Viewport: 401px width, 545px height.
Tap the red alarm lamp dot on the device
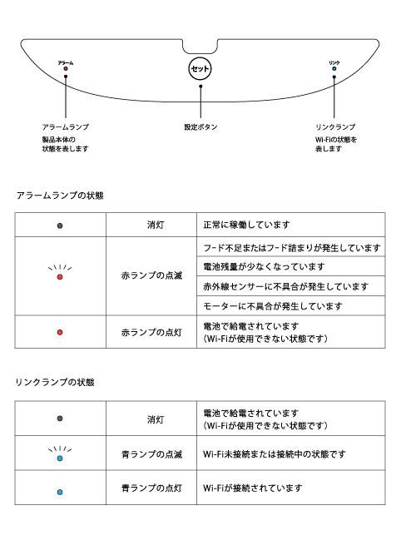(x=65, y=69)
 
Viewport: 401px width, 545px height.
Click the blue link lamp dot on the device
(x=334, y=69)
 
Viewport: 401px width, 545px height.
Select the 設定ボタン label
(x=200, y=127)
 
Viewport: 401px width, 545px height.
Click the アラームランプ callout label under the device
(x=65, y=126)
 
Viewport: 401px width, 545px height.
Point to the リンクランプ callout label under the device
(x=336, y=126)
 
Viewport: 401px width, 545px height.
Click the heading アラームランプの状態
(x=59, y=196)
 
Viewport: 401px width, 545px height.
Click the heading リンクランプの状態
(x=55, y=383)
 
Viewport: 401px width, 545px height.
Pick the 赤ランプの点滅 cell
(x=151, y=276)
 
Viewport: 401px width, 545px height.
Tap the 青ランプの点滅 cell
(x=151, y=454)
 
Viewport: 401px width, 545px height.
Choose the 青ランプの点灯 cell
(x=151, y=488)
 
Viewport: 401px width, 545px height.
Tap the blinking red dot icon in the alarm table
(x=60, y=277)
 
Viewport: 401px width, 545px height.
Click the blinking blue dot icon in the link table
(x=60, y=458)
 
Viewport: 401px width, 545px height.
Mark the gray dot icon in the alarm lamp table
(x=60, y=225)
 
